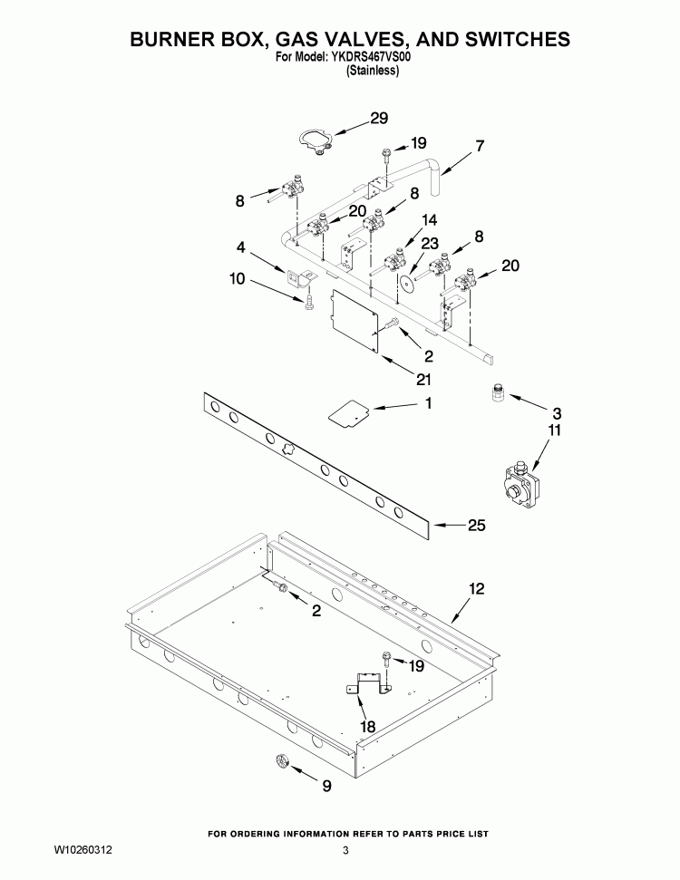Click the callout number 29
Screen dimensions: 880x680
[379, 118]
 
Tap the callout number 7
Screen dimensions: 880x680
[480, 145]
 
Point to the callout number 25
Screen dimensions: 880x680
[477, 525]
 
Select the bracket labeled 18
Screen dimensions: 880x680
[369, 684]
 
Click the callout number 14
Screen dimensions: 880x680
[429, 219]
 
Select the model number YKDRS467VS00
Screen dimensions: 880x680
[374, 55]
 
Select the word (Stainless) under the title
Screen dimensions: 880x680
[373, 70]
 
